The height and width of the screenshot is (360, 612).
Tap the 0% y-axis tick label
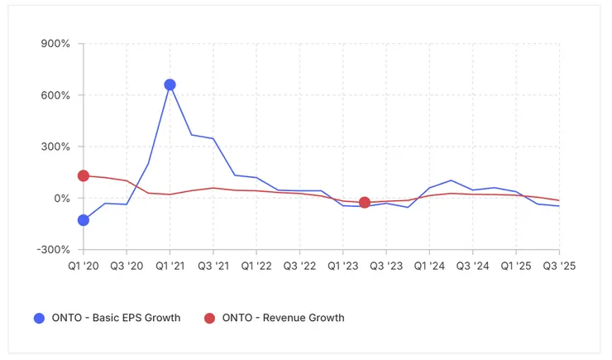pos(62,199)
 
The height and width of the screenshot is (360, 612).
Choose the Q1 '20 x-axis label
pos(83,266)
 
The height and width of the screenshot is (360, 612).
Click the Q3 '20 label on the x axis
pos(127,266)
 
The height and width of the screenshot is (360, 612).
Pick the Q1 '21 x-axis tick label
pos(170,266)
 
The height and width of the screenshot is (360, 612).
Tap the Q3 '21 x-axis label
pos(213,266)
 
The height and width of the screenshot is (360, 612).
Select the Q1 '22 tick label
pos(256,266)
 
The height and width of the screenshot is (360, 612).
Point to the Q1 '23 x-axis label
pos(342,266)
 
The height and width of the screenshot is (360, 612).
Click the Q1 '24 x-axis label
pos(429,266)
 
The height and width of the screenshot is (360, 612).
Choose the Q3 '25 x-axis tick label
pos(558,266)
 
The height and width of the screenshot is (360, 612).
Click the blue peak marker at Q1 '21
pos(170,84)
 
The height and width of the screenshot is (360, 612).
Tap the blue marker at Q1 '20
pos(84,220)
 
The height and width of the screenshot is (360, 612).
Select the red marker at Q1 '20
pos(84,175)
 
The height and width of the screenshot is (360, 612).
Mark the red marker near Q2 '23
pos(365,203)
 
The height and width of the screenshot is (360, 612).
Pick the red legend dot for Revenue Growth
pos(209,318)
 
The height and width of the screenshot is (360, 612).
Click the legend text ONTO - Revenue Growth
pos(283,318)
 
